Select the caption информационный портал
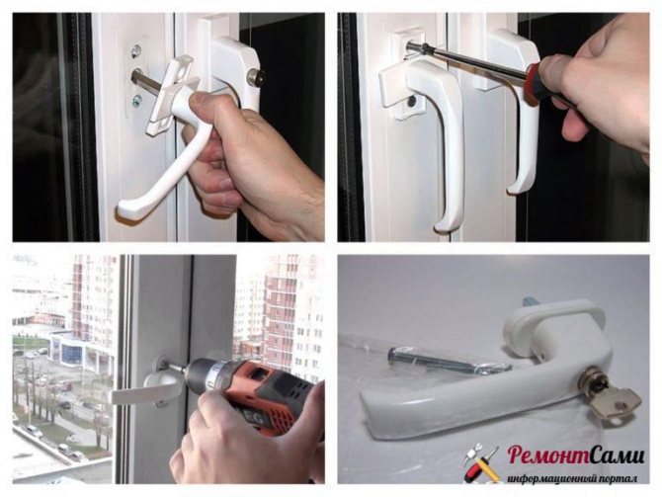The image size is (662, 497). tap(572, 478)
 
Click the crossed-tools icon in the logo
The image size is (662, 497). tap(481, 462)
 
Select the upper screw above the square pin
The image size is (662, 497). tap(136, 51)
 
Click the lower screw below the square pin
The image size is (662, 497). tap(136, 101)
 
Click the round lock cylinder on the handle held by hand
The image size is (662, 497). tap(256, 78)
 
